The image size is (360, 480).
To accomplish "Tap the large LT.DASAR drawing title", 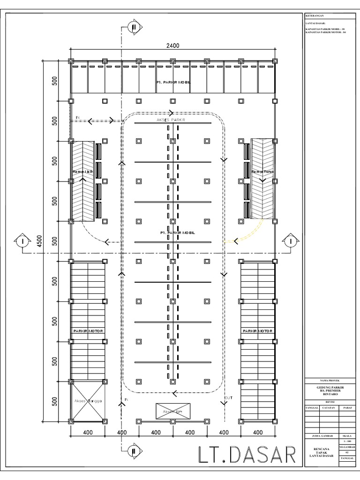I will click(x=246, y=455).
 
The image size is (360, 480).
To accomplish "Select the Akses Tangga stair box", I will click(x=87, y=401).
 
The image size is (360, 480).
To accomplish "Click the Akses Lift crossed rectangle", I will click(x=172, y=411).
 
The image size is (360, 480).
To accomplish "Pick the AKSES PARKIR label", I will click(x=171, y=120).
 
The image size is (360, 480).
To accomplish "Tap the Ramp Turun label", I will click(x=262, y=172).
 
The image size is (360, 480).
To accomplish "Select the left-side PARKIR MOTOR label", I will click(x=87, y=331).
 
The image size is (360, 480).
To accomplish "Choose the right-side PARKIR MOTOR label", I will click(x=257, y=331).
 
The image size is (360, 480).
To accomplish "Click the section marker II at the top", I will click(x=134, y=27).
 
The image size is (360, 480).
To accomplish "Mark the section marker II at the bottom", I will click(x=134, y=451).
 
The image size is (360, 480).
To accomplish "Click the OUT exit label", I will click(x=228, y=398).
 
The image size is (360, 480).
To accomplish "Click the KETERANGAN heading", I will click(x=315, y=15).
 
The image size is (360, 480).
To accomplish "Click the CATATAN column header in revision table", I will click(x=328, y=408).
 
